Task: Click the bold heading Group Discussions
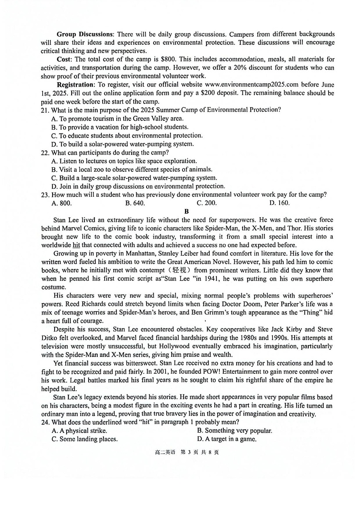84,34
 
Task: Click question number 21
45,110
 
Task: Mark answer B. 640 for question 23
135,203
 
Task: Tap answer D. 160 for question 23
279,203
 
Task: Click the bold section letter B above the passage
187,211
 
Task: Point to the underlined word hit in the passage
76,245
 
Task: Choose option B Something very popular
235,431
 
